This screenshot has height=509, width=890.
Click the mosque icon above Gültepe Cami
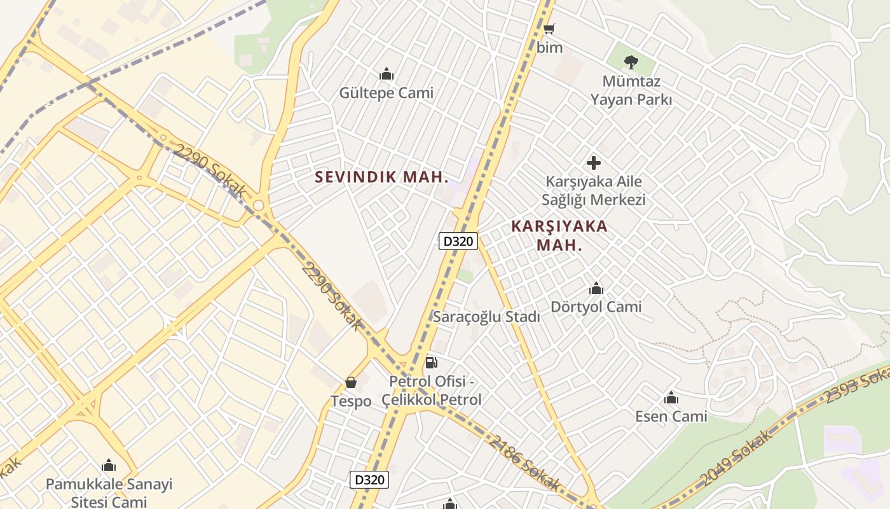[386, 74]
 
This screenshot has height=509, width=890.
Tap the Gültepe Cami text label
[386, 93]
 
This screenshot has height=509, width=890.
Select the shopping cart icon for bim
[549, 29]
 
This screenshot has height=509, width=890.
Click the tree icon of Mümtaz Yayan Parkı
[631, 62]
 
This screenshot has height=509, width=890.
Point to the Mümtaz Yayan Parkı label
[631, 90]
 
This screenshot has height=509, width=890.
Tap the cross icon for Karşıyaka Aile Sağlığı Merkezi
[593, 163]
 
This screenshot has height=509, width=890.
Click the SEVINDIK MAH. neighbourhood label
[382, 177]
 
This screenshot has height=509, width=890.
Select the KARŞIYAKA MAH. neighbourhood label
[559, 235]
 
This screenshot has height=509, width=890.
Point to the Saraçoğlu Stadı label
[486, 316]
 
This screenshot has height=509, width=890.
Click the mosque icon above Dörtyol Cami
[596, 289]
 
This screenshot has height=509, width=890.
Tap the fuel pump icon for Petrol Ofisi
[431, 363]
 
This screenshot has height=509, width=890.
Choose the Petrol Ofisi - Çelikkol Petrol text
[432, 391]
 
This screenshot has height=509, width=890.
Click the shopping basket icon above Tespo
[350, 382]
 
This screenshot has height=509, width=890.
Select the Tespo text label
[350, 401]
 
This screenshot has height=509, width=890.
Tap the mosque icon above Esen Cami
[671, 398]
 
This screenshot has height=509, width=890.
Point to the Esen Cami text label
[671, 416]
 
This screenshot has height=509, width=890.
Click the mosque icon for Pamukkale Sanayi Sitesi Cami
[109, 466]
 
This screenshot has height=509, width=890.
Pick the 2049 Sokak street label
[737, 457]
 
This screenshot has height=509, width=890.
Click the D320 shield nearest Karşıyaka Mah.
[458, 241]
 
